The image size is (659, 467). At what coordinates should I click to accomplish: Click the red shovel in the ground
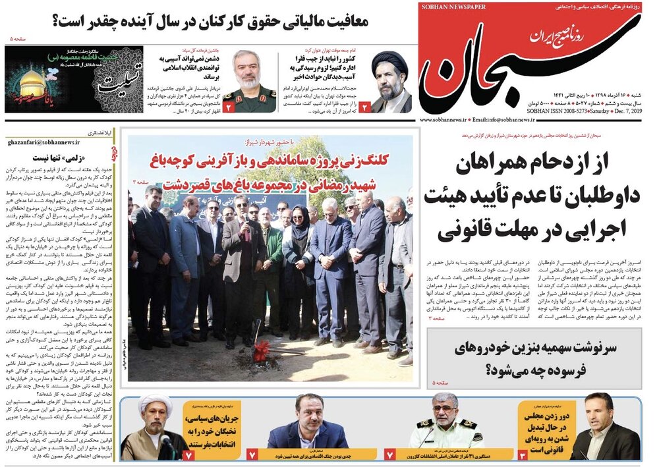tap(261, 349)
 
